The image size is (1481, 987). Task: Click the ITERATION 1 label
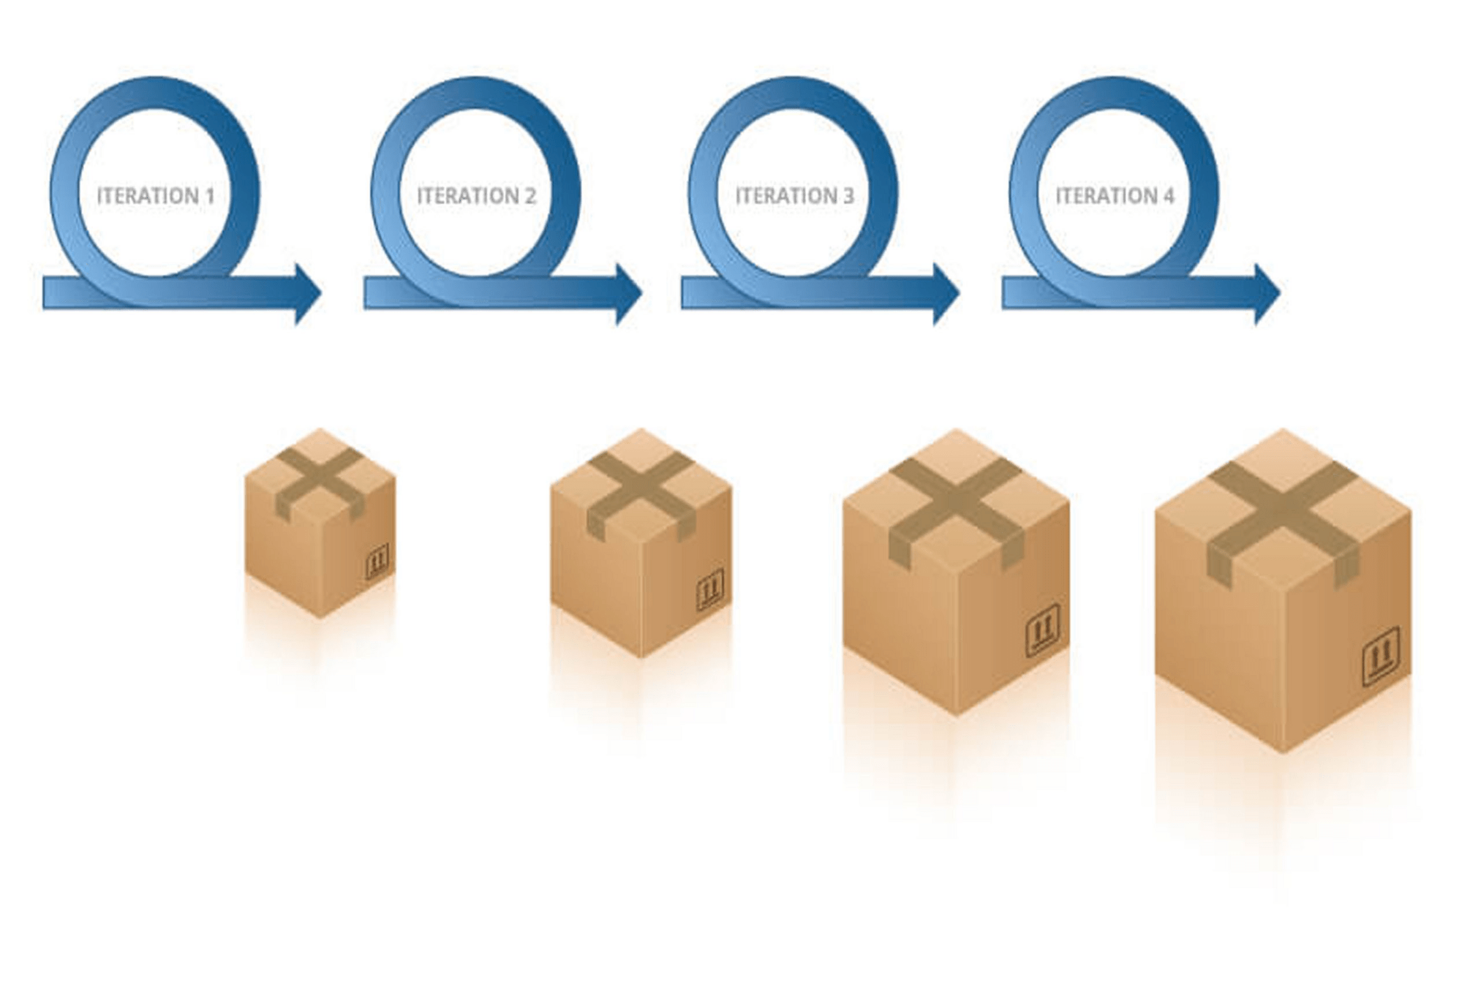coord(156,196)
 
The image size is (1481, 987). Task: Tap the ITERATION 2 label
coord(476,196)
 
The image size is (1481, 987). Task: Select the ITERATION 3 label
coord(794,196)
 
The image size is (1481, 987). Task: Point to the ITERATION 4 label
coord(1115,196)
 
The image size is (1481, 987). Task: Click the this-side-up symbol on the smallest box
coord(377,561)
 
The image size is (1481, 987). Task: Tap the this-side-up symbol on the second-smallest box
coord(709,589)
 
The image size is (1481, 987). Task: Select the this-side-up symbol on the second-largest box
coord(1043,629)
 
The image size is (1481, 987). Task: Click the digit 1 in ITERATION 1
coord(210,196)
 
